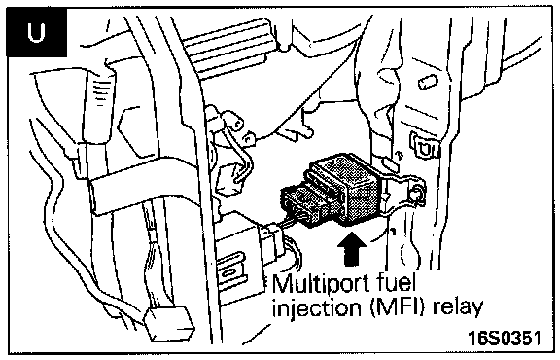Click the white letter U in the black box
(36, 33)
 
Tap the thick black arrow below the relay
(352, 249)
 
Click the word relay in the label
(458, 307)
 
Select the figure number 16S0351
(505, 338)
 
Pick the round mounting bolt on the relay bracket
(414, 196)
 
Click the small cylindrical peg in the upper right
(428, 82)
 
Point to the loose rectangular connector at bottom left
(169, 323)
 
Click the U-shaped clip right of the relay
(425, 145)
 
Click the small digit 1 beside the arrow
(393, 233)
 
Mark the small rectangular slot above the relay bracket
(391, 165)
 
